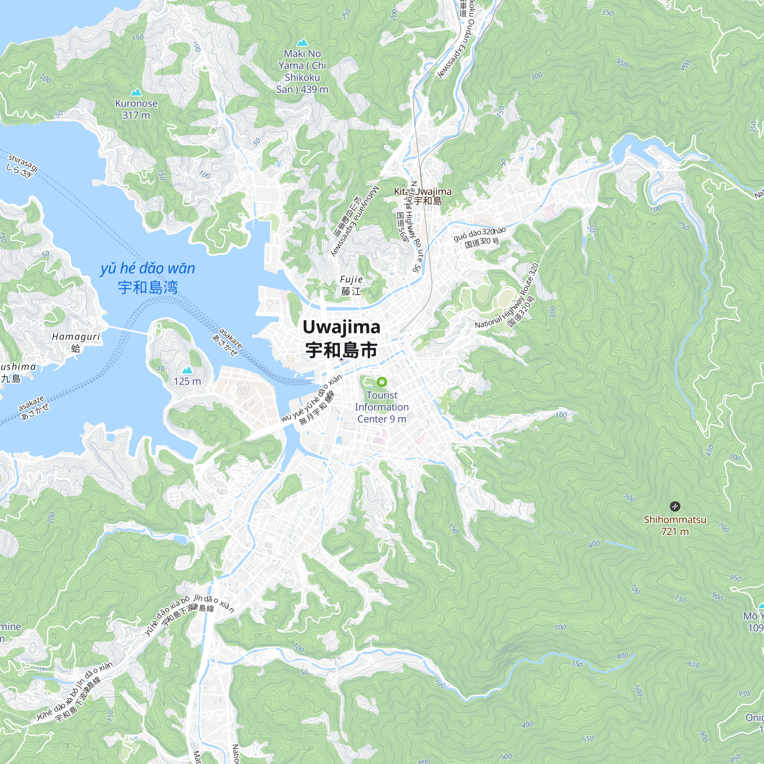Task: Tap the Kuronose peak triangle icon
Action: [x=136, y=92]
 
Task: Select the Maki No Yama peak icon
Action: [x=302, y=42]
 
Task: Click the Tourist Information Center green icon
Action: [x=382, y=382]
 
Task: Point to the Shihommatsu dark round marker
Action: [x=675, y=506]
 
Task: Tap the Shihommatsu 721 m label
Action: [x=675, y=526]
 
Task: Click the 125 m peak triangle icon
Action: [x=187, y=370]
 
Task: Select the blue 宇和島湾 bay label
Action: [x=148, y=288]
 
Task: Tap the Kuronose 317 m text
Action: [x=136, y=109]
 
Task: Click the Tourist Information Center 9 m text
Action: [x=382, y=407]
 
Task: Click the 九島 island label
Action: [x=11, y=379]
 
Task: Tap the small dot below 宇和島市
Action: [x=341, y=359]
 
